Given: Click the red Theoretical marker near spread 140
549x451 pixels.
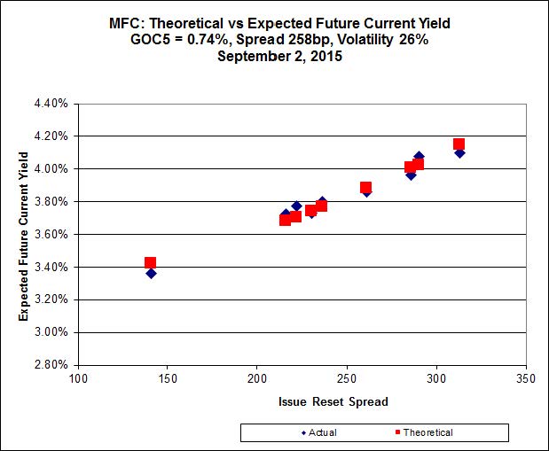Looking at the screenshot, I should [150, 262].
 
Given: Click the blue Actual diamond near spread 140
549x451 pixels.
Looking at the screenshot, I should [151, 273].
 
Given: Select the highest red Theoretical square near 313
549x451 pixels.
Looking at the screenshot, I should [459, 144].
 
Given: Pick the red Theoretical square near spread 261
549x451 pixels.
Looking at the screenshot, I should [365, 187].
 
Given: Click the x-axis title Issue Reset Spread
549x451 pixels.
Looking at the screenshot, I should [302, 401].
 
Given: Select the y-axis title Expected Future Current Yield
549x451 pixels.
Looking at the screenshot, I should [25, 235].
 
